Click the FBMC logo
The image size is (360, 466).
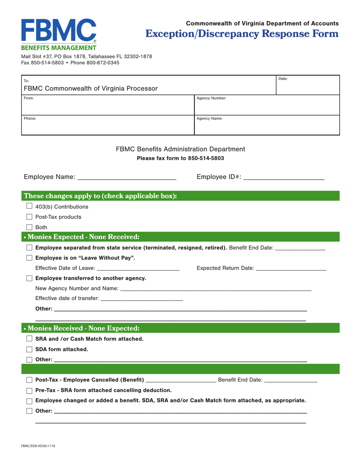coord(59,34)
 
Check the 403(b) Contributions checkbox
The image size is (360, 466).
coord(29,206)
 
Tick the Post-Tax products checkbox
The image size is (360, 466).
coord(29,217)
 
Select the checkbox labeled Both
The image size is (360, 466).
coord(29,227)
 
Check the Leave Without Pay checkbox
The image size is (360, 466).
coord(29,258)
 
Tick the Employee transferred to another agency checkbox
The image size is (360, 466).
coord(29,278)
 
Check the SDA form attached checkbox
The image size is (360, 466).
coord(29,349)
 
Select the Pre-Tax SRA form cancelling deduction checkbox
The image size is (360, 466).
coord(29,390)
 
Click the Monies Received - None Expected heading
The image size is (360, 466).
coord(81,328)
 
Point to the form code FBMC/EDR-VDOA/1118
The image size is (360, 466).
coord(38,446)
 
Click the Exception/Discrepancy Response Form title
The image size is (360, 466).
coord(242,34)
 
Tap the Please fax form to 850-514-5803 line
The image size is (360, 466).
coord(180,158)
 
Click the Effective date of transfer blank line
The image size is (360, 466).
coord(142,298)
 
